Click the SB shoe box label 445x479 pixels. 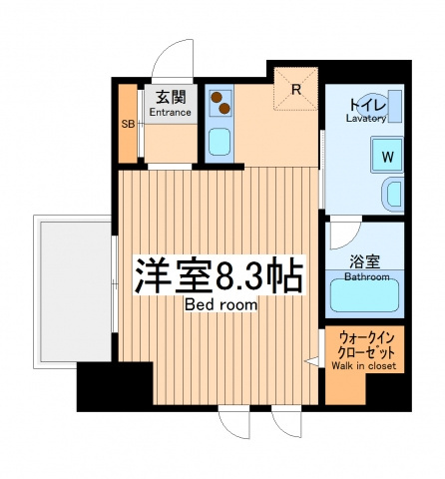(128, 124)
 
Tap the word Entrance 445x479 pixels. (170, 113)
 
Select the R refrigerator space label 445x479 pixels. (296, 89)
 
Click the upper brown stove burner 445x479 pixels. (217, 97)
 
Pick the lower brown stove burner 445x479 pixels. (224, 108)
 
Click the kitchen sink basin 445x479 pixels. (220, 142)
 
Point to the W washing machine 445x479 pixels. (387, 156)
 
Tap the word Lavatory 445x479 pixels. (366, 119)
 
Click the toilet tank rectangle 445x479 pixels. (395, 106)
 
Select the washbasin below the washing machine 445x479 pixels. (393, 194)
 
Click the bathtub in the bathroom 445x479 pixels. (365, 295)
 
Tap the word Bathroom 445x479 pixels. (367, 276)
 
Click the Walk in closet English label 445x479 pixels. (363, 366)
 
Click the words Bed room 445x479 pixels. (221, 304)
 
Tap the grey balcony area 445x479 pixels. (76, 291)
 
